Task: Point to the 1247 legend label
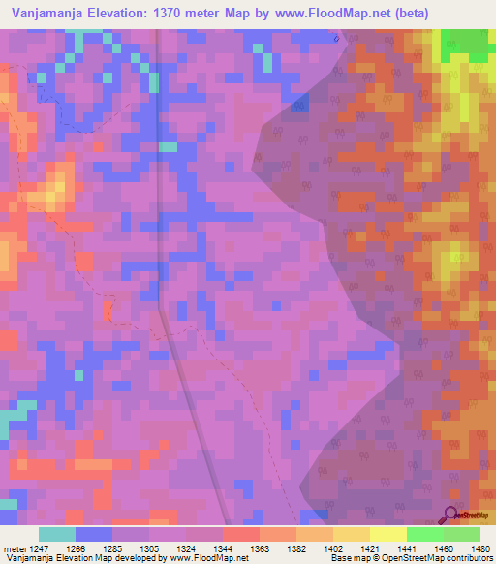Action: (38, 548)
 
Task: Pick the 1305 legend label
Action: (148, 548)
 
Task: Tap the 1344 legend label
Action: (222, 548)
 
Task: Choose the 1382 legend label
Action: (295, 548)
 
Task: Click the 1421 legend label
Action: (369, 548)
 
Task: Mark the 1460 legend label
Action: (443, 548)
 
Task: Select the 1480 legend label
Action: (480, 548)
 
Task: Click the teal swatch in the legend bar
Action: (56, 534)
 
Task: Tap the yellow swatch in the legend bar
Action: (387, 534)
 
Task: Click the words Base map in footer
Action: (345, 559)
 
